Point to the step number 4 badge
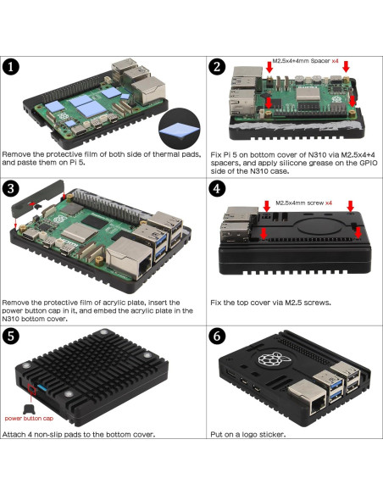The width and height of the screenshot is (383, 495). click(218, 188)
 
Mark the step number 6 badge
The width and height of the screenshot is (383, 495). click(218, 336)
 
